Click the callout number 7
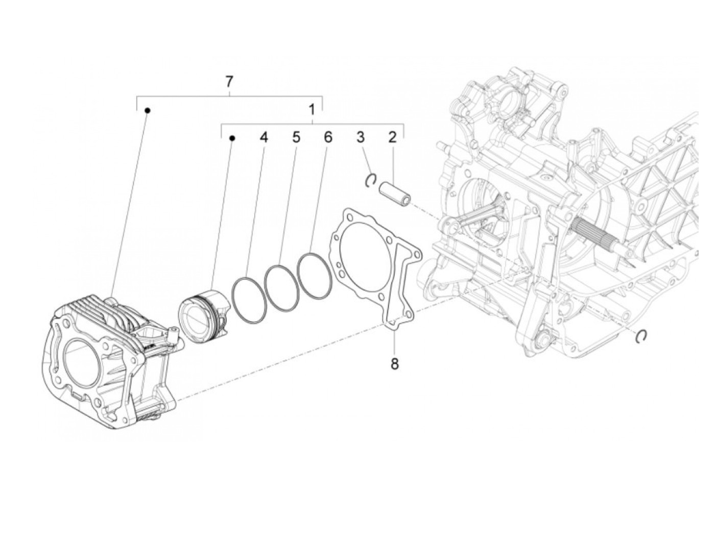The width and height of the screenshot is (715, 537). click(x=229, y=81)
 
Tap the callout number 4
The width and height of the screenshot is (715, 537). click(x=263, y=137)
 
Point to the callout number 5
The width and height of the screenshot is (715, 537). click(x=296, y=137)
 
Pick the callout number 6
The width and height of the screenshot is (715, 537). click(x=327, y=137)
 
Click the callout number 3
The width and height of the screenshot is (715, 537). click(x=361, y=137)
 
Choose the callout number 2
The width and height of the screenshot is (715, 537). click(x=392, y=137)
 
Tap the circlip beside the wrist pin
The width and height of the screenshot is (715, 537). click(x=372, y=180)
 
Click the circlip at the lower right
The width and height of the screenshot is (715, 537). click(x=641, y=336)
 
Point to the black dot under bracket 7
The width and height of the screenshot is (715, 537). click(x=147, y=110)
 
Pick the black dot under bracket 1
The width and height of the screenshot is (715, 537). click(x=231, y=138)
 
